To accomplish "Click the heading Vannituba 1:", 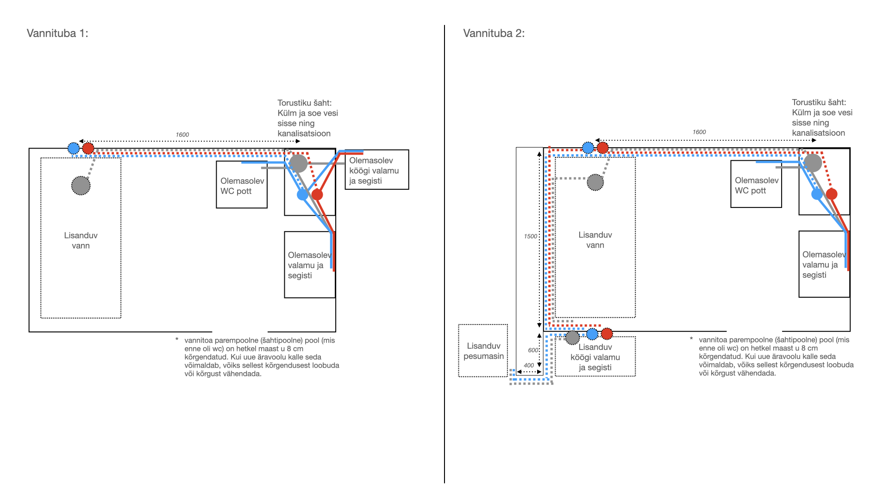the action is pos(57,33).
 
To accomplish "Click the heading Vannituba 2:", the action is pos(494,33).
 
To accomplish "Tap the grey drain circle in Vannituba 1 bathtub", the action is pos(81,186).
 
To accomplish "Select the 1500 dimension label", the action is pos(531,236).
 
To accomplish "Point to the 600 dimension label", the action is pos(533,350).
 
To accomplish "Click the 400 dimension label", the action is pos(529,365).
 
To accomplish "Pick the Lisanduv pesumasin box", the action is pos(483,350).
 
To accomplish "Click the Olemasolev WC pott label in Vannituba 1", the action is pos(242,186).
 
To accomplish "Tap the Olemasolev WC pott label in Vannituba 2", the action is pos(757,185).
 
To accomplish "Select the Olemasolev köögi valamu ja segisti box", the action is pos(377,169).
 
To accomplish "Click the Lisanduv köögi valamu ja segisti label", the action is pos(595,357).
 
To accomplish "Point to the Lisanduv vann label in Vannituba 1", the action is pos(81,240).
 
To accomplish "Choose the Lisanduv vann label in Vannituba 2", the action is pos(595,240).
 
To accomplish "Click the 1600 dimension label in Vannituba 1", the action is pos(182,135).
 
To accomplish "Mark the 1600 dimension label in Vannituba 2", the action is pos(699,132).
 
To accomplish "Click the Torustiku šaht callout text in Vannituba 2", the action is pos(822,118).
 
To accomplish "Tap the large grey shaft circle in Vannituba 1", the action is pos(299,163).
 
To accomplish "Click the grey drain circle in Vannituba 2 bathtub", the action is pos(595,182).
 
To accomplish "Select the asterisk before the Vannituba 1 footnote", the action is pos(177,340).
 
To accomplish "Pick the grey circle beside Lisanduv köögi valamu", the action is pos(572,337).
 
